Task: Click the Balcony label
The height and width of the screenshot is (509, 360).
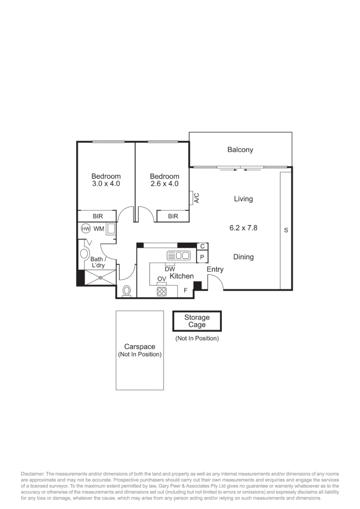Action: tap(240, 150)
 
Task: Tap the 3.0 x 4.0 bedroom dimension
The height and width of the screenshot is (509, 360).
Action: tap(106, 184)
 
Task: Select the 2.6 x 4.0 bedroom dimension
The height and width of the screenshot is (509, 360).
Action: tap(164, 184)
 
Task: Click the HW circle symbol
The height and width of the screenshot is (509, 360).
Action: tap(85, 229)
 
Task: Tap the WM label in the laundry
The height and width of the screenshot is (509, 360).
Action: tap(98, 229)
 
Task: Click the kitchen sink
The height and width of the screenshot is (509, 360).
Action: tap(179, 256)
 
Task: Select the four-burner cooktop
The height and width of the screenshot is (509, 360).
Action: tap(162, 291)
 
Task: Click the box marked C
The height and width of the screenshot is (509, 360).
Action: tap(202, 246)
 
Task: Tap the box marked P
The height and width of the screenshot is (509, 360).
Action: tap(202, 257)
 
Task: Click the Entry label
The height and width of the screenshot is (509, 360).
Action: tap(215, 270)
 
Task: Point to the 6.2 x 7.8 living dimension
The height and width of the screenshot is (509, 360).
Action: tap(243, 228)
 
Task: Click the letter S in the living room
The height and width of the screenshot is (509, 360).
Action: tap(286, 230)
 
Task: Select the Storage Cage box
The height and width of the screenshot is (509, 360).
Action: tap(196, 321)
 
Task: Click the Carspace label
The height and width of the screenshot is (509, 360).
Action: tap(139, 347)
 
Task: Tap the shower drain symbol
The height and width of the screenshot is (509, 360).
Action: tap(100, 278)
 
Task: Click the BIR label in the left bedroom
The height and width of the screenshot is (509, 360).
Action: tap(98, 216)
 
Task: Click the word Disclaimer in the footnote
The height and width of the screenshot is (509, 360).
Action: tap(33, 474)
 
